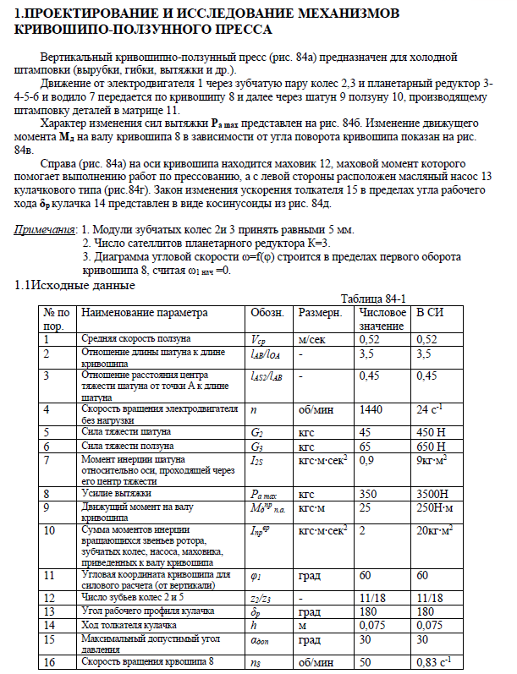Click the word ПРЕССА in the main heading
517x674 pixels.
[239, 29]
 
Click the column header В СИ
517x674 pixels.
[430, 313]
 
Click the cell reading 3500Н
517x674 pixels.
[433, 492]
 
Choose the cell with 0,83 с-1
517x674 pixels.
[435, 661]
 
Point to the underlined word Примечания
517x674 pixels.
[44, 229]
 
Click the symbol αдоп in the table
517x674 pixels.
[261, 644]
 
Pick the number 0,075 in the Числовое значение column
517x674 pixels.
[374, 625]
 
